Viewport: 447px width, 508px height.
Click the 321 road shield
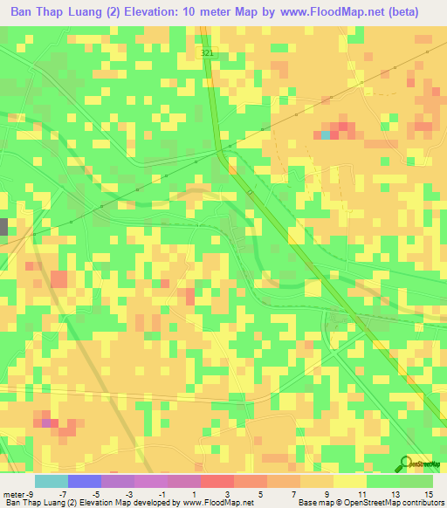pyautogui.click(x=206, y=53)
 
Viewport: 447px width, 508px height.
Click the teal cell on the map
pyautogui.click(x=326, y=134)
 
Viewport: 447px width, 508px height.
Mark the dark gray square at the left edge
pyautogui.click(x=3, y=227)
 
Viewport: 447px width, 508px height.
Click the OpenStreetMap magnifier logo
pyautogui.click(x=405, y=463)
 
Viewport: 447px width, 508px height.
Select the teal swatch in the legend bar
pyautogui.click(x=52, y=481)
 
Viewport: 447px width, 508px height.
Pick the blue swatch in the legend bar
pyautogui.click(x=85, y=481)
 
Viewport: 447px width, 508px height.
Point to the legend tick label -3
pyautogui.click(x=129, y=493)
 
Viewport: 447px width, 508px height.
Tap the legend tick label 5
pyautogui.click(x=259, y=493)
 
